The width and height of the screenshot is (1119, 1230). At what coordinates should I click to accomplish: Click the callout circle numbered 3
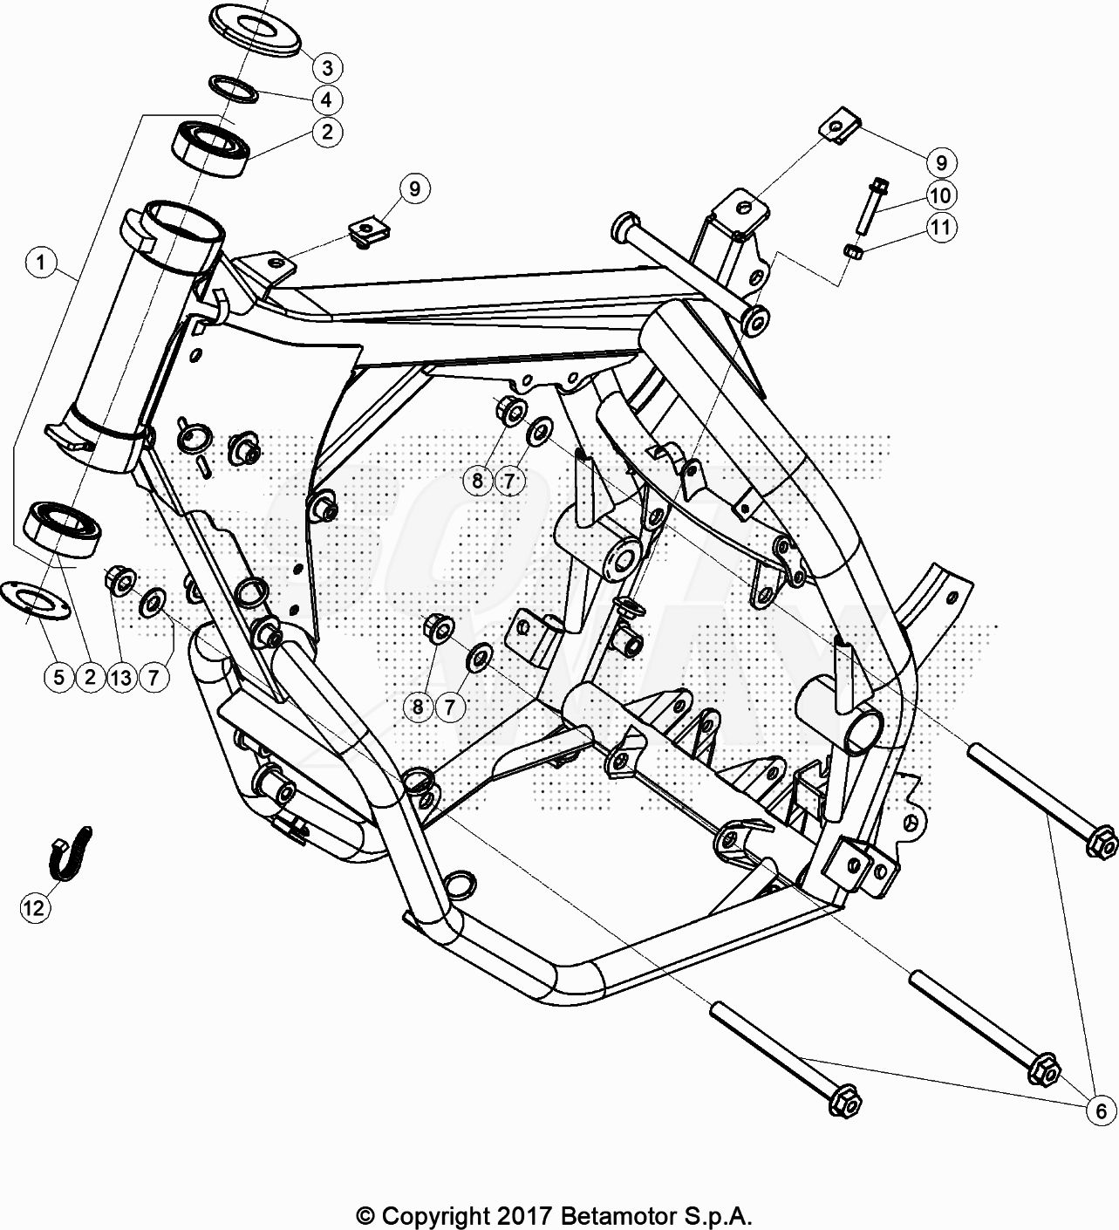[327, 67]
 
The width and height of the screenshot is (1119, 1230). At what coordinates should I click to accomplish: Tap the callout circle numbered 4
[327, 99]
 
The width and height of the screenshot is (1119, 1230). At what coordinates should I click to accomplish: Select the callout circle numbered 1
[40, 263]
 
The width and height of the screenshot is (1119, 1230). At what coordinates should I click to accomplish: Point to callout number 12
[34, 907]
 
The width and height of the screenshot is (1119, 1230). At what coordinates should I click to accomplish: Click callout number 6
[1102, 1111]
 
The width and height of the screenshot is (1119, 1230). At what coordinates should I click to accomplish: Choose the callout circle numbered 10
[940, 195]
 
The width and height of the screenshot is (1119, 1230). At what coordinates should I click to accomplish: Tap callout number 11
[940, 228]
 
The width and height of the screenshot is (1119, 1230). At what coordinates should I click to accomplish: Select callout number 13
[121, 678]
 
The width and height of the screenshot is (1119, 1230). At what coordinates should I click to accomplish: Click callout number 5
[58, 678]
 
